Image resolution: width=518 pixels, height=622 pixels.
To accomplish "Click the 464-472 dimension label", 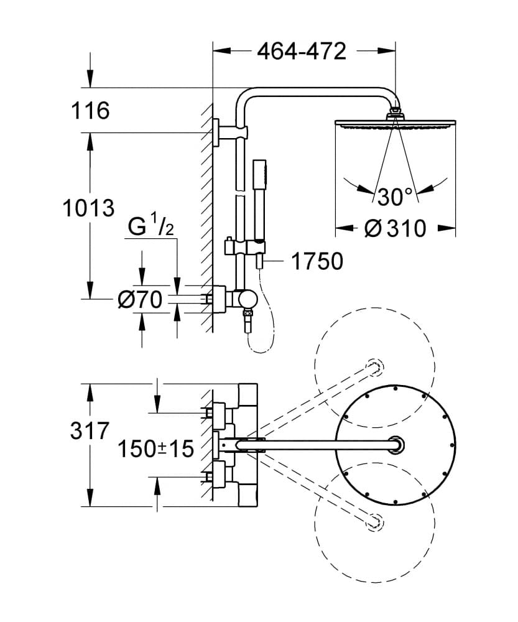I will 302,52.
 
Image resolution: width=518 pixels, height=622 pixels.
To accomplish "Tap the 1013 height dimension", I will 89,208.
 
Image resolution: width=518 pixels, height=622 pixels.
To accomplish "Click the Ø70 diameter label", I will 140,300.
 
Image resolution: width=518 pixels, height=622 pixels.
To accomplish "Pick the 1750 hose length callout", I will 317,262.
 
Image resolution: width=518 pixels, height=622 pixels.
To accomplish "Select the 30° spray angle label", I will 395,197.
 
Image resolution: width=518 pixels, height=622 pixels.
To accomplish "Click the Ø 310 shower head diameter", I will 395,228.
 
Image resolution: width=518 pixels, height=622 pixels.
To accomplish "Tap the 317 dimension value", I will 90,430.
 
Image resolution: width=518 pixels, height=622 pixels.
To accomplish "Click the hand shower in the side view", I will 259,205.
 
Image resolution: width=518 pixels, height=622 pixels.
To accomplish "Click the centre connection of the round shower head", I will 395,444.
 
